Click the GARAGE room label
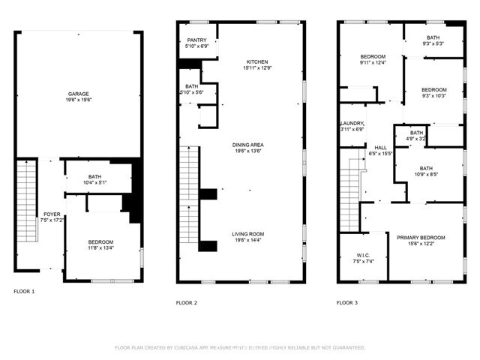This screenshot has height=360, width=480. point(79,94)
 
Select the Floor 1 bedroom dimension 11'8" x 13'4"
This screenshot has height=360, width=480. point(100,247)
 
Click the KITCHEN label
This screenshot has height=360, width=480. point(257,62)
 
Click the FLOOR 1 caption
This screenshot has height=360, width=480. point(24,291)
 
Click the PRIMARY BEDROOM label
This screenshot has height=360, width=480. point(421,236)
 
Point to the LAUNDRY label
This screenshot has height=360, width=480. point(352,123)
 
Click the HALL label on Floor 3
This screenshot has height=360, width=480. point(381,148)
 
